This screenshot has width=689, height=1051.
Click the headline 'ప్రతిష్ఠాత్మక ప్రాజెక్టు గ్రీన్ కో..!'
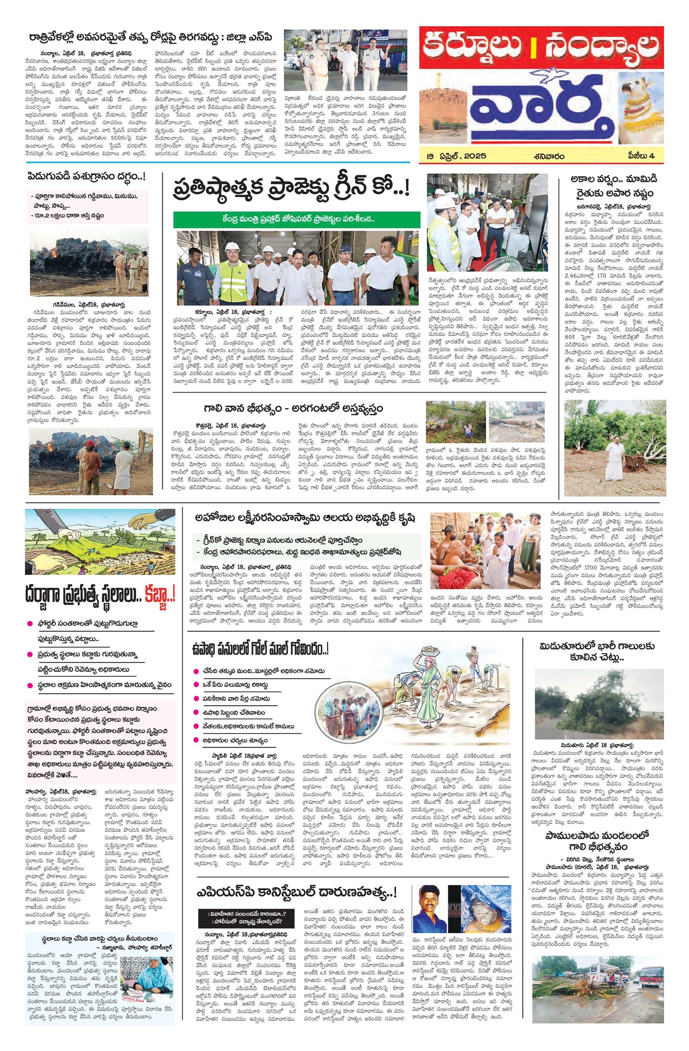coord(291,189)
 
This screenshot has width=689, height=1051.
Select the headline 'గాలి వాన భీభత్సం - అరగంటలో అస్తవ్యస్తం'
coord(293,407)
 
